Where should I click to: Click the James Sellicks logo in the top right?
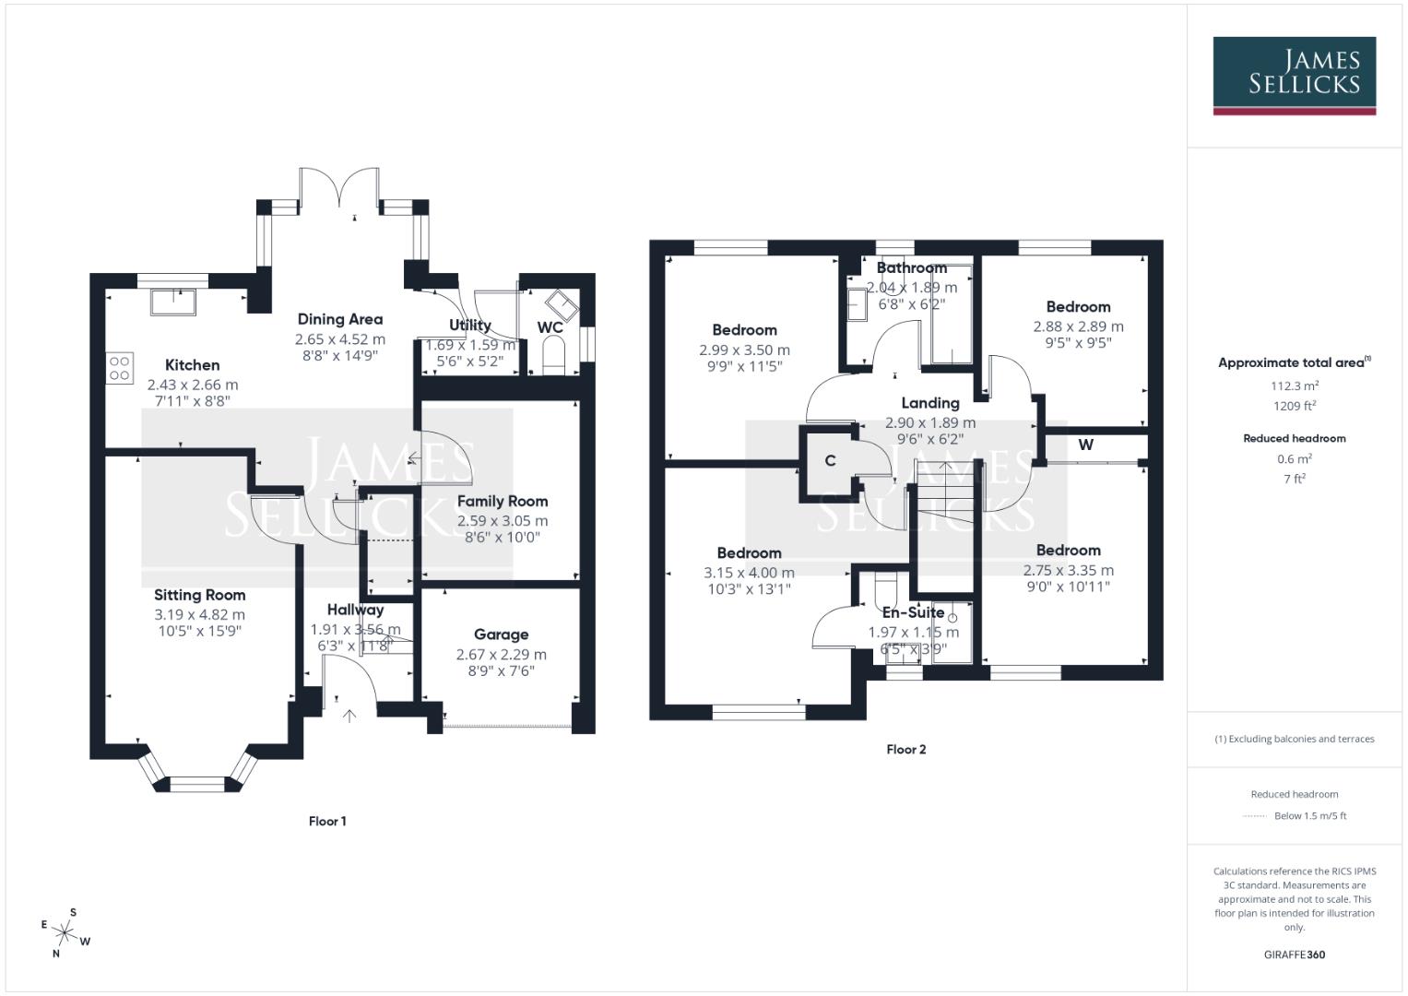pyautogui.click(x=1294, y=75)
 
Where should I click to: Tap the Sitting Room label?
pyautogui.click(x=199, y=595)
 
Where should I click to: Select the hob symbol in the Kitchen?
pyautogui.click(x=120, y=368)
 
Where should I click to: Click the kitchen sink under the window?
pyautogui.click(x=173, y=302)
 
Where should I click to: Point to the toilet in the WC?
pyautogui.click(x=553, y=355)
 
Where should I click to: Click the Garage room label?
pyautogui.click(x=501, y=634)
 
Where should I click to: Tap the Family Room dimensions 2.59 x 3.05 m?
pyautogui.click(x=503, y=520)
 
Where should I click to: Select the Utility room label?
pyautogui.click(x=469, y=325)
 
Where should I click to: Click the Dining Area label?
pyautogui.click(x=339, y=319)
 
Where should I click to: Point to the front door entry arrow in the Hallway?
pyautogui.click(x=349, y=715)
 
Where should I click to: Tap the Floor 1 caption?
pyautogui.click(x=327, y=821)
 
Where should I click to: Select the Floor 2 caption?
pyautogui.click(x=905, y=749)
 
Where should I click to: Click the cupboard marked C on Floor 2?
pyautogui.click(x=830, y=461)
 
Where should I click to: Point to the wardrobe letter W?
pyautogui.click(x=1085, y=445)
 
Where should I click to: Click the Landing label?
pyautogui.click(x=929, y=403)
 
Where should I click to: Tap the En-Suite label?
pyautogui.click(x=913, y=612)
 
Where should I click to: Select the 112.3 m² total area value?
pyautogui.click(x=1294, y=385)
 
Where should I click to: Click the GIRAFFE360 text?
pyautogui.click(x=1294, y=954)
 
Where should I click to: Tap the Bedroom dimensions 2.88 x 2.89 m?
pyautogui.click(x=1078, y=326)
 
